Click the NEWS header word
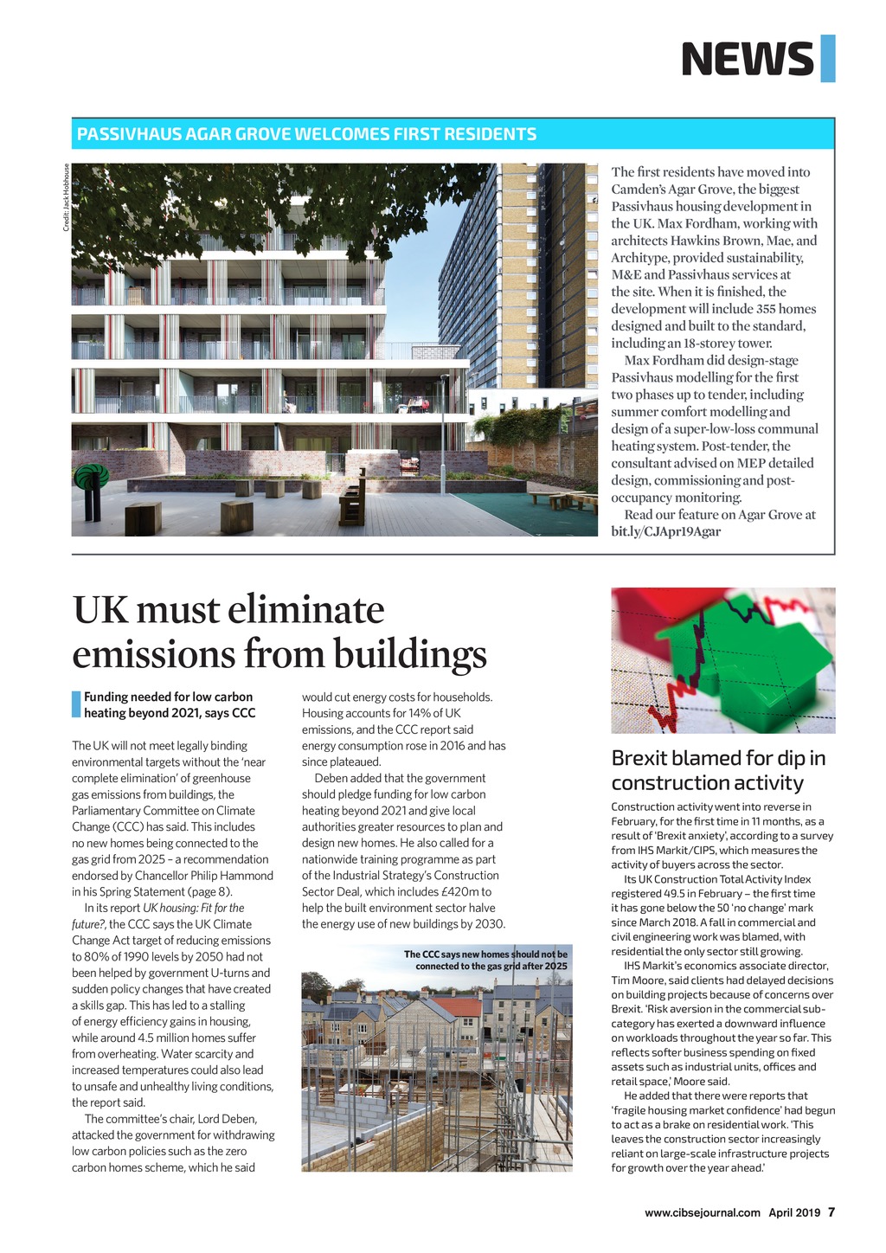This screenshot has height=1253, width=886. (x=747, y=59)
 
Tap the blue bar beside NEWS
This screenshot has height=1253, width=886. (x=827, y=59)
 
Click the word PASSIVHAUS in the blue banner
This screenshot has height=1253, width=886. (x=129, y=134)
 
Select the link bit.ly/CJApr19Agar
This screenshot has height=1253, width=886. (x=665, y=531)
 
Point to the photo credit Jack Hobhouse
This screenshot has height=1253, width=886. (x=66, y=197)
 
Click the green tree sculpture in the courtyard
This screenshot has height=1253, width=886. (x=92, y=488)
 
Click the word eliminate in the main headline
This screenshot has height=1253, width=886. (x=306, y=609)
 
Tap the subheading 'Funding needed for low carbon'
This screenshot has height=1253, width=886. (x=168, y=697)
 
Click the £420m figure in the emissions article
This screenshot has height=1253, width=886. (x=457, y=891)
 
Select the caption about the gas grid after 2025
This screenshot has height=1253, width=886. (x=486, y=960)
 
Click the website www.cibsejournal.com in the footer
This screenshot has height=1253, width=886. (x=702, y=1212)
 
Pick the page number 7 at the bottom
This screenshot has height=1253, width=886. (x=831, y=1212)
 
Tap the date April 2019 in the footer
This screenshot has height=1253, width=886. (x=794, y=1212)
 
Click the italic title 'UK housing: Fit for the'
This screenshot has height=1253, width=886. (x=193, y=908)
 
